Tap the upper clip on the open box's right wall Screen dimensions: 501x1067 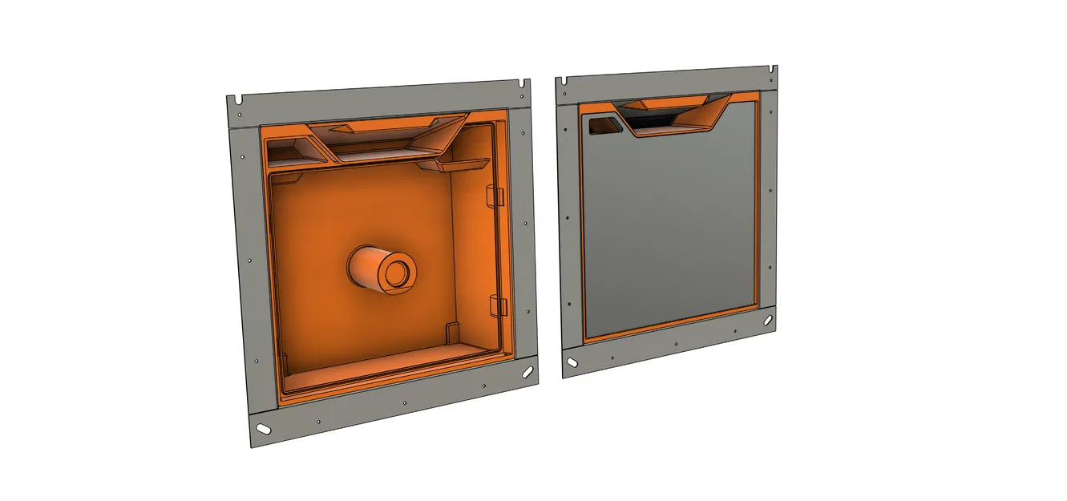494,196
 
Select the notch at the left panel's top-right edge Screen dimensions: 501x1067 523,83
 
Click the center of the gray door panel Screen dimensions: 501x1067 669,224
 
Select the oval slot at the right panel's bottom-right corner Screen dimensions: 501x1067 768,320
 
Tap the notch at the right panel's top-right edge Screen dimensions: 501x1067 773,70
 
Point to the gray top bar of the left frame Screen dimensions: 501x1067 377,101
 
